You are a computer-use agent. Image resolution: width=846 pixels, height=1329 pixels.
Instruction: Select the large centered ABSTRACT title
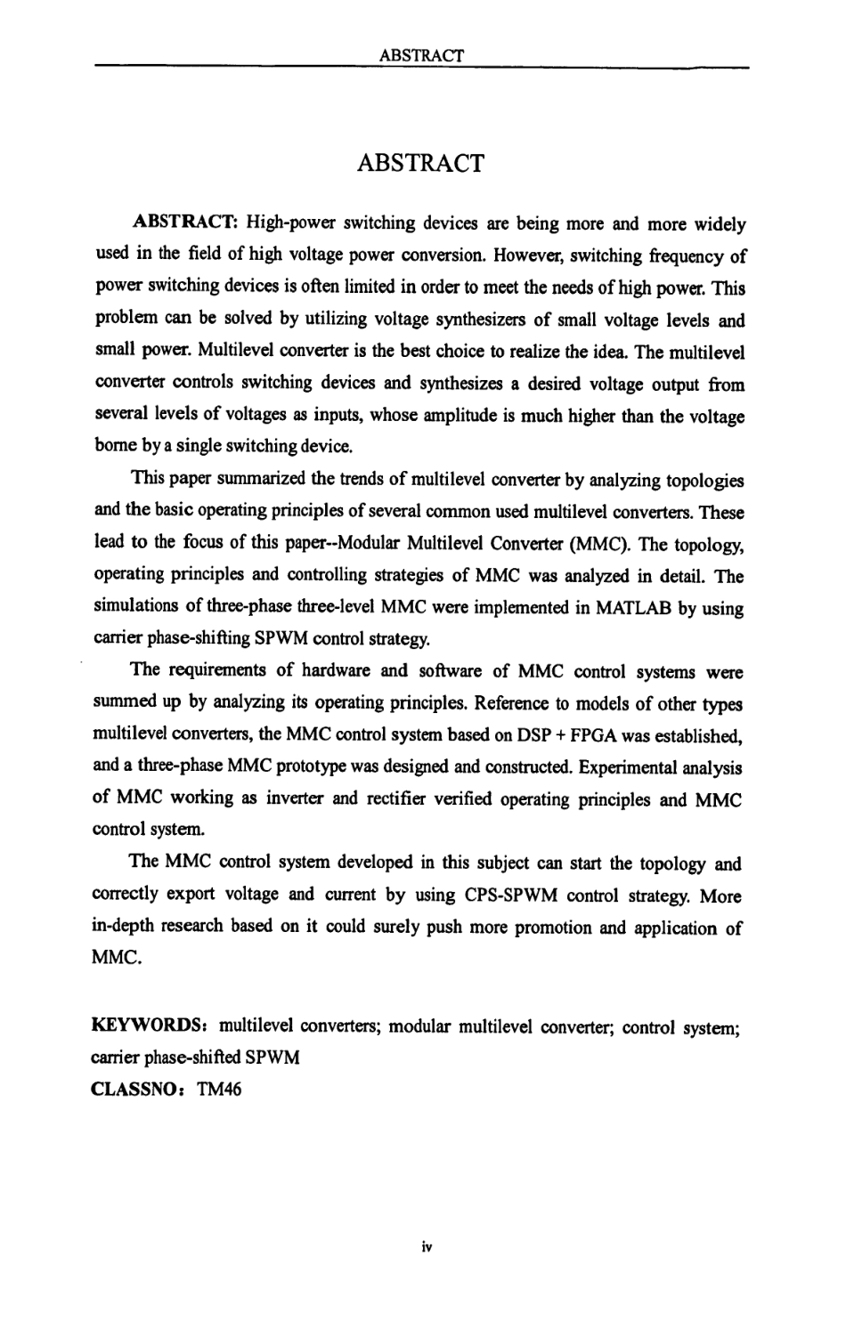click(421, 163)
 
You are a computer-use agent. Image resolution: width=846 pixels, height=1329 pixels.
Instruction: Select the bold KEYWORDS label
click(148, 1025)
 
